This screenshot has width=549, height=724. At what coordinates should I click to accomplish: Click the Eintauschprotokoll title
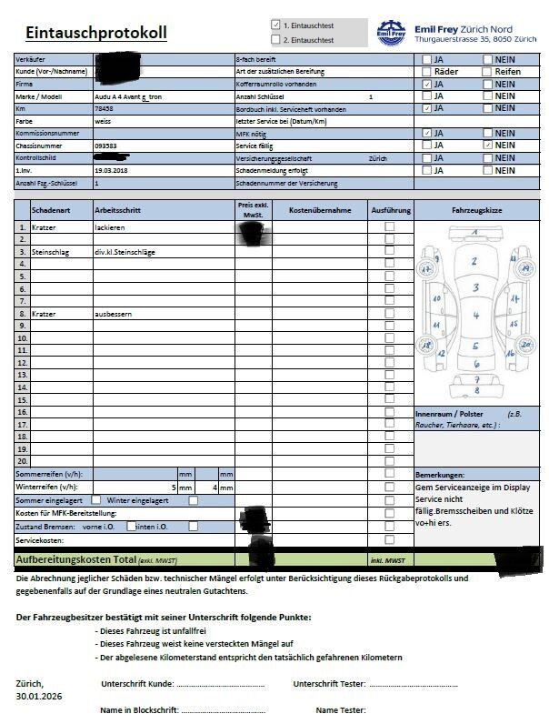click(x=96, y=34)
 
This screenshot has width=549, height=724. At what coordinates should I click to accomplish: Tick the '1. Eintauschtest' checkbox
click(x=276, y=25)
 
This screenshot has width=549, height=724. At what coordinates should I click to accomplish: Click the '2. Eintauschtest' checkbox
click(x=276, y=40)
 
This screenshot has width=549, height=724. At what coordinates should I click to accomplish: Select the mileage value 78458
click(x=104, y=107)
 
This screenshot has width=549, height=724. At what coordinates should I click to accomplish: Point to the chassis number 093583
click(x=105, y=145)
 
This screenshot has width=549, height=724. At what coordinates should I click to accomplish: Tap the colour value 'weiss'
click(x=104, y=120)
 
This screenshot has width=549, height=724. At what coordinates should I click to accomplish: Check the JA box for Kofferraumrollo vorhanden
click(x=427, y=84)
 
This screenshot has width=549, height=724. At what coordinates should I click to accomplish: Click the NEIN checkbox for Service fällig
click(x=488, y=145)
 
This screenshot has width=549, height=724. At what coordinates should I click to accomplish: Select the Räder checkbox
click(x=427, y=71)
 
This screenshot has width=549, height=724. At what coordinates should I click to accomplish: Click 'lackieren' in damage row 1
click(x=109, y=226)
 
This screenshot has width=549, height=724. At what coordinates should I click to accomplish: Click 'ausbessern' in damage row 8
click(x=114, y=313)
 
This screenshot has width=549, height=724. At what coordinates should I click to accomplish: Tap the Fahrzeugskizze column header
click(x=476, y=210)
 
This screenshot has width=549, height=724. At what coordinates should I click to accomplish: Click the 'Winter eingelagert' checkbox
click(x=193, y=500)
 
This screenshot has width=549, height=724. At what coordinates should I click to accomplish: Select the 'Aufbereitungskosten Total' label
click(x=75, y=558)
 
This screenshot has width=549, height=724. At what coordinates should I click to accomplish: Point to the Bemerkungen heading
click(x=440, y=475)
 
